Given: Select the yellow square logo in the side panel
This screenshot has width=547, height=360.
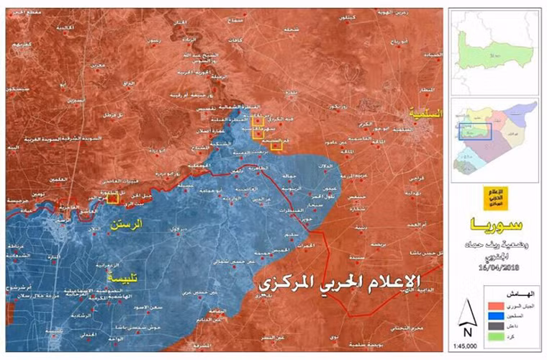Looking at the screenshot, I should coord(496,196).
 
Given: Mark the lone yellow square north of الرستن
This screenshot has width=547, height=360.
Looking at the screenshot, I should coord(112,198).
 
